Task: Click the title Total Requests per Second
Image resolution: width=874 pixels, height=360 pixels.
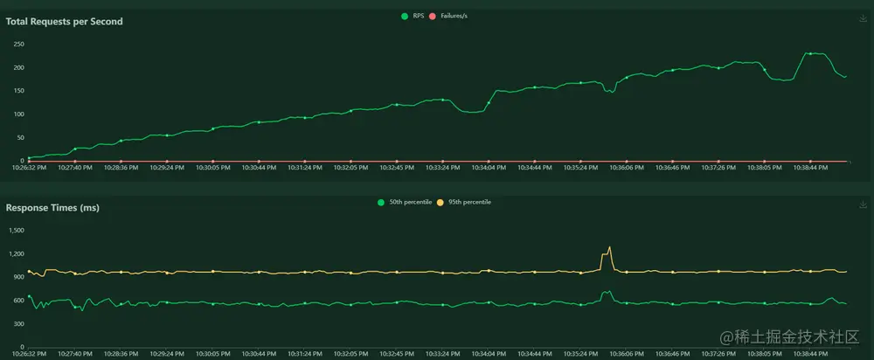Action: pyautogui.click(x=65, y=21)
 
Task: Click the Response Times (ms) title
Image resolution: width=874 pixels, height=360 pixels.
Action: pyautogui.click(x=52, y=208)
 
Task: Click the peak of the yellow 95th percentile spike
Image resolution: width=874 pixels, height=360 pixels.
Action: pyautogui.click(x=609, y=247)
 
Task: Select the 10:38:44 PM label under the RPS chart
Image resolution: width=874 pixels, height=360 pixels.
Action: pyautogui.click(x=810, y=167)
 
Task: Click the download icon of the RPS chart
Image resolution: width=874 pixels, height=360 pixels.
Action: pyautogui.click(x=864, y=17)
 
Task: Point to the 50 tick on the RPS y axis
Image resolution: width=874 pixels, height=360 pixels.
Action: pyautogui.click(x=21, y=138)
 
